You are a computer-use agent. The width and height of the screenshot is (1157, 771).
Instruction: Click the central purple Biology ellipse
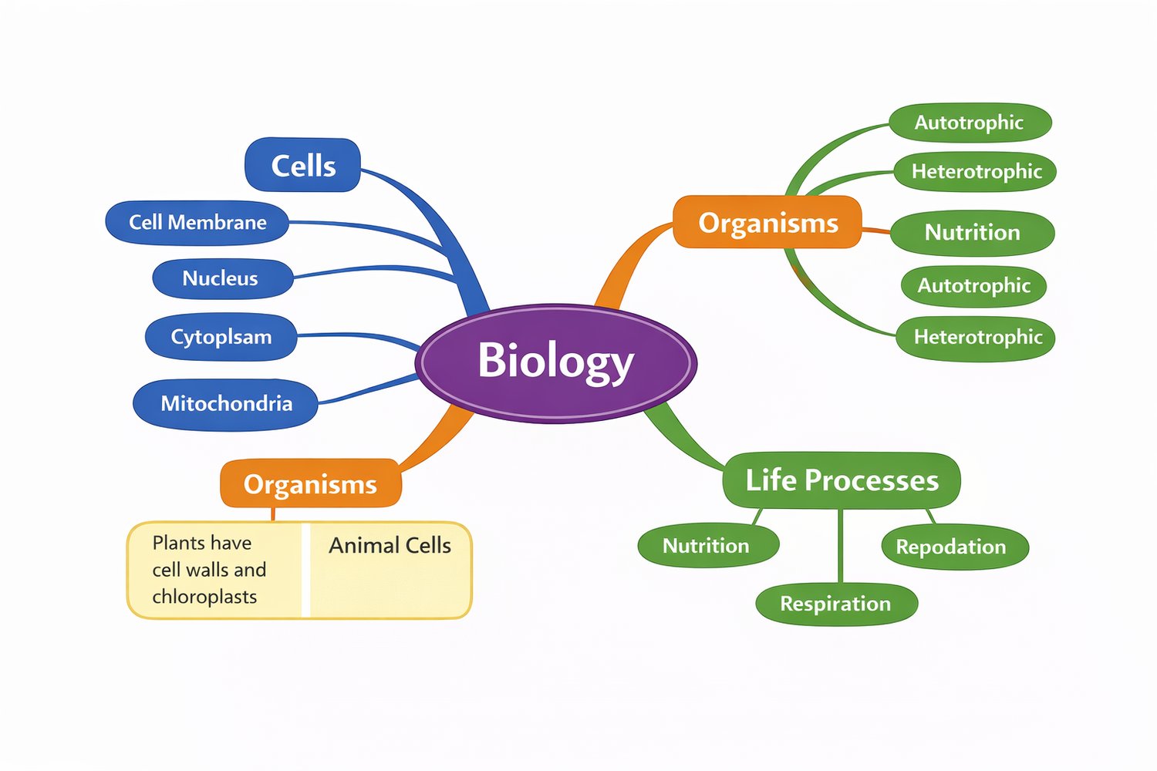click(555, 362)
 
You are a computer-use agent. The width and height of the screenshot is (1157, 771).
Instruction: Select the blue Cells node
click(302, 165)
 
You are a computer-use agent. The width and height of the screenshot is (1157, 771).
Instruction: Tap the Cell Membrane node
click(197, 222)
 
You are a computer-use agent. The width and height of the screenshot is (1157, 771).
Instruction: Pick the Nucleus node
click(222, 278)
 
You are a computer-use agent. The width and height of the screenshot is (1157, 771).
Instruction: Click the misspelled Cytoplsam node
click(221, 337)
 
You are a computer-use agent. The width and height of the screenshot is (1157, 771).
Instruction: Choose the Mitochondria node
click(225, 403)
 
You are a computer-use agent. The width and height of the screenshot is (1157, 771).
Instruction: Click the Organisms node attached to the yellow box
click(310, 483)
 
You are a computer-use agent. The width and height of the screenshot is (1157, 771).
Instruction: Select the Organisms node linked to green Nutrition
click(767, 222)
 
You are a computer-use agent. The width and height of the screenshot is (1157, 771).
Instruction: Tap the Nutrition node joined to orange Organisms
click(972, 232)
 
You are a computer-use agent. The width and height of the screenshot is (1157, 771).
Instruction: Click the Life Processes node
click(842, 480)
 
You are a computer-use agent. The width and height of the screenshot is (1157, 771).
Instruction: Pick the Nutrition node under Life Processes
click(707, 546)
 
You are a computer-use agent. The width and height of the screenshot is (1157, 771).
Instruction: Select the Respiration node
click(836, 603)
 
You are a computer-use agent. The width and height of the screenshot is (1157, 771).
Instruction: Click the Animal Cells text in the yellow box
click(390, 546)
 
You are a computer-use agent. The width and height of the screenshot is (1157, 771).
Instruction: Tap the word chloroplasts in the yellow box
click(204, 597)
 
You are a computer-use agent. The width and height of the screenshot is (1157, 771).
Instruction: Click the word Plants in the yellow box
click(178, 543)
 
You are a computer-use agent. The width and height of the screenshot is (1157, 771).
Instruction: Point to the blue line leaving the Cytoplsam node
click(355, 335)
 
